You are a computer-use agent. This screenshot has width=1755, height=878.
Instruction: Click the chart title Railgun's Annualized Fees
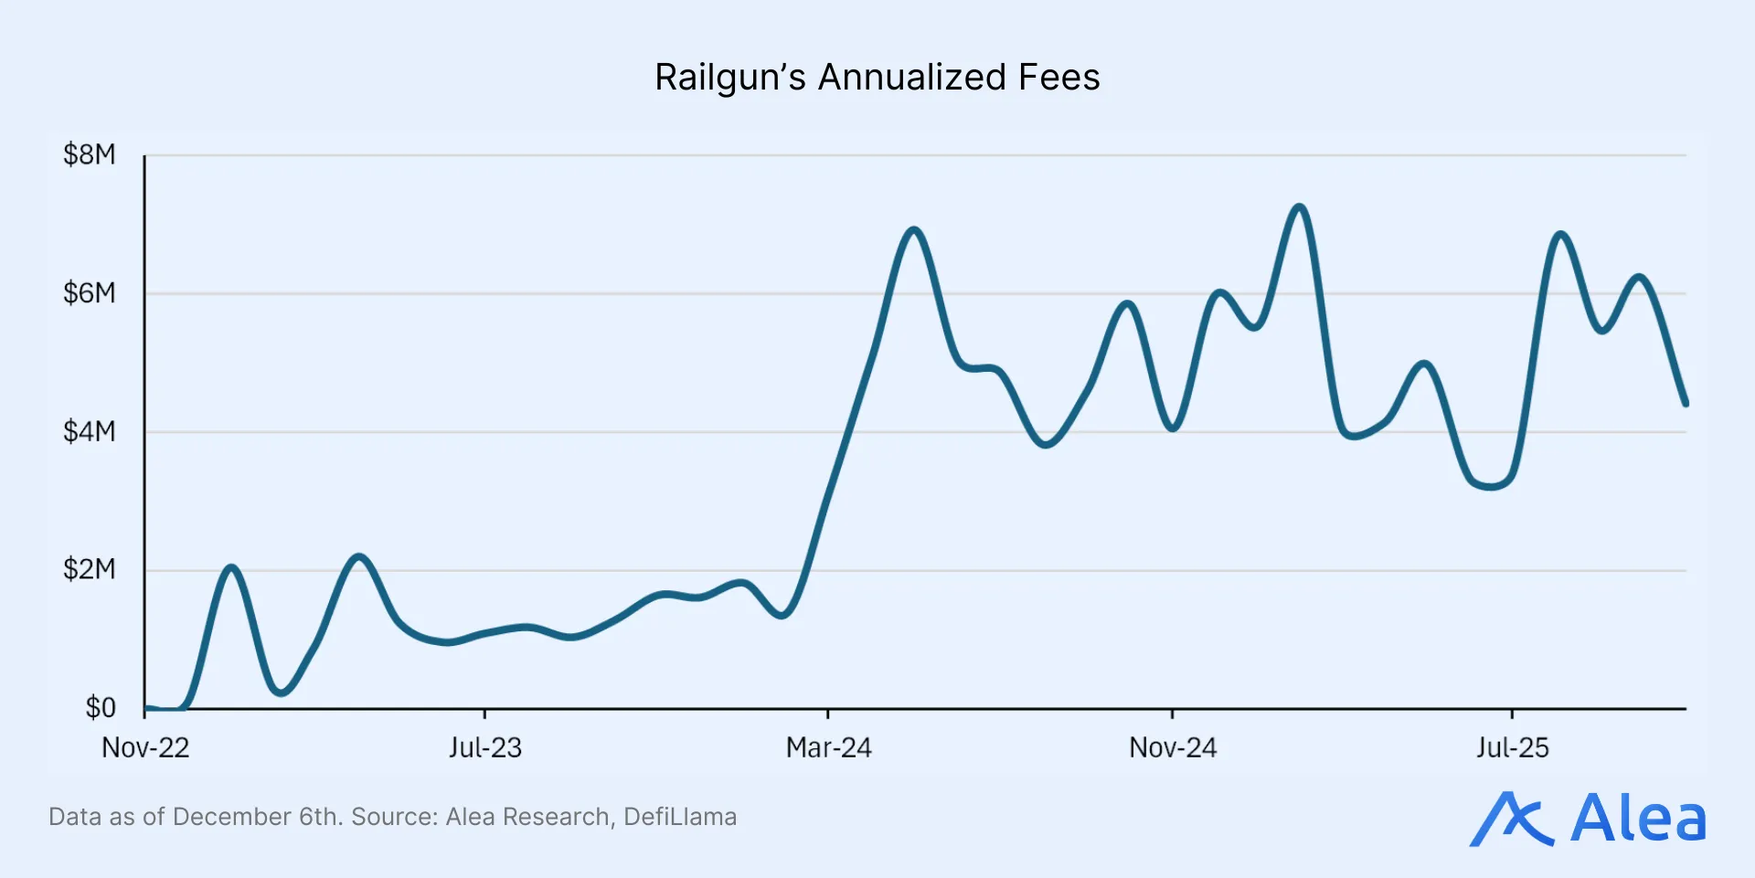(877, 78)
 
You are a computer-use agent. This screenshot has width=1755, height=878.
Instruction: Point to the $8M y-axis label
(90, 154)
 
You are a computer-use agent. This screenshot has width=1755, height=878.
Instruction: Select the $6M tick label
(90, 293)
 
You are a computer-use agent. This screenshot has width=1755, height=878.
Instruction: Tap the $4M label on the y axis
(90, 431)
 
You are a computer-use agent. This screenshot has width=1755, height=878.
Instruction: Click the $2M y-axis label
(90, 569)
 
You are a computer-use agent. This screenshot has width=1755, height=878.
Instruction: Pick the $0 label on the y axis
(101, 707)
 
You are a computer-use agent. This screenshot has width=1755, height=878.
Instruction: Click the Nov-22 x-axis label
(145, 748)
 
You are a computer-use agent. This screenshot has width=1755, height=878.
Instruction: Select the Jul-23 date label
(484, 748)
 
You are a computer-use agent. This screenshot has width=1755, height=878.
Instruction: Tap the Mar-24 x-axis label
(828, 748)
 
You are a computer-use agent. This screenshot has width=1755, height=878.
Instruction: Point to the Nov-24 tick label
(1173, 748)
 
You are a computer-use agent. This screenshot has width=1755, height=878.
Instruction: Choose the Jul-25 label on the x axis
(1512, 748)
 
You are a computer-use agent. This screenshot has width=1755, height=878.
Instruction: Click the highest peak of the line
(1299, 207)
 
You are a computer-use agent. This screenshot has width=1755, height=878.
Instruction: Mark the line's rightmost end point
(1686, 404)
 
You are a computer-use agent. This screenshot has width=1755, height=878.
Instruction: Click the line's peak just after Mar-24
(913, 230)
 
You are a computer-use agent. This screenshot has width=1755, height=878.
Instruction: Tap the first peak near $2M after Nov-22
(231, 568)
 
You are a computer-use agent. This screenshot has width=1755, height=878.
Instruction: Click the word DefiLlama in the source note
(679, 817)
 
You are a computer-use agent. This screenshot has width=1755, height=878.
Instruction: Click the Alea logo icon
(1511, 819)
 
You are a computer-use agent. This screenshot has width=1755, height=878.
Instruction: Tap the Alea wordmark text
(1638, 819)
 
